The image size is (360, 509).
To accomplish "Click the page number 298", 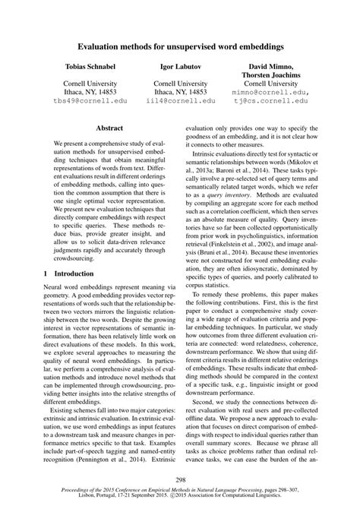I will coord(180,480).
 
